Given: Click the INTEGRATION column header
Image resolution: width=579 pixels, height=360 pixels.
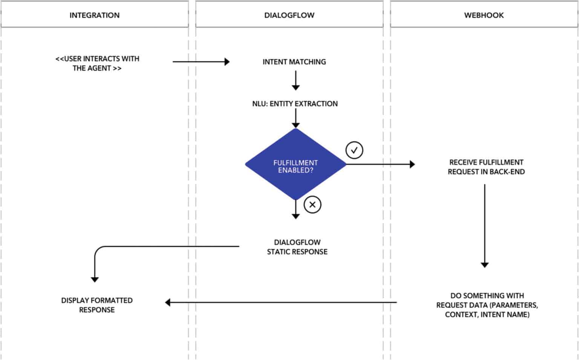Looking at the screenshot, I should click(94, 15).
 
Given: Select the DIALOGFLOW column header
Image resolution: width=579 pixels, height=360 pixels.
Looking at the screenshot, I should click(289, 15).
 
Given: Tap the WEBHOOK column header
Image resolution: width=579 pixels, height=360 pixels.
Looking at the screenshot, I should click(484, 15).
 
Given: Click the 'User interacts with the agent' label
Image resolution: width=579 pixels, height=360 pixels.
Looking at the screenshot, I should click(97, 63).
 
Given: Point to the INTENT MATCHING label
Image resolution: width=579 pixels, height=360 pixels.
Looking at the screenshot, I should click(294, 62).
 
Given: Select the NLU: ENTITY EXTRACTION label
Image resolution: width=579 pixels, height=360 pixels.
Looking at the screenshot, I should click(295, 104).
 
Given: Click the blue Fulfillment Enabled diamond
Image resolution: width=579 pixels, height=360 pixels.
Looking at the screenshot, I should click(296, 164).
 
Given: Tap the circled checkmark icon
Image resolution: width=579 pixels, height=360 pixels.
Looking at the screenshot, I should click(354, 150).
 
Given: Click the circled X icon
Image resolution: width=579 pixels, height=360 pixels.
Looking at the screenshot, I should click(312, 205).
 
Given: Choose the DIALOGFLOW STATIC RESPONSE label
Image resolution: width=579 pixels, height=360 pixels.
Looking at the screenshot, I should click(297, 247).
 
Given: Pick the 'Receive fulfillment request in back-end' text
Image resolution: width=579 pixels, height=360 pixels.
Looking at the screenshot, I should click(486, 167).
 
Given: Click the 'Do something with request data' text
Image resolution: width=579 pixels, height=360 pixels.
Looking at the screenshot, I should click(487, 305).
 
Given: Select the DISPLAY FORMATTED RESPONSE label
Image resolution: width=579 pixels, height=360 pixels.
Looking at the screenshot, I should click(97, 305).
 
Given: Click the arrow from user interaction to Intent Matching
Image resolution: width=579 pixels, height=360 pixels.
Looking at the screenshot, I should click(201, 61).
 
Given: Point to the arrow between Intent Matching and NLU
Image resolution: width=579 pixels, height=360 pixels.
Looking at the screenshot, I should click(296, 80).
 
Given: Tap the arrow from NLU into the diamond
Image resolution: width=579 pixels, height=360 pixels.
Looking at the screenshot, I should click(296, 119).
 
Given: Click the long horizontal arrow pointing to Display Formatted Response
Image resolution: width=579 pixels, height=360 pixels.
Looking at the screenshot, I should click(281, 302).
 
